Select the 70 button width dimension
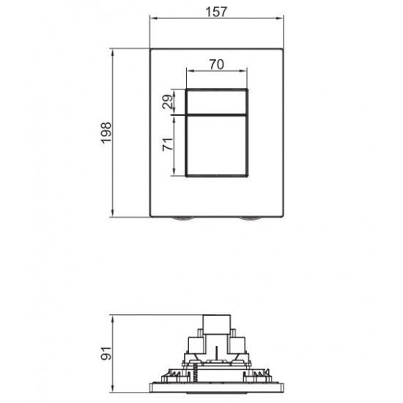215,64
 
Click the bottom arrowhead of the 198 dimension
114,216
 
